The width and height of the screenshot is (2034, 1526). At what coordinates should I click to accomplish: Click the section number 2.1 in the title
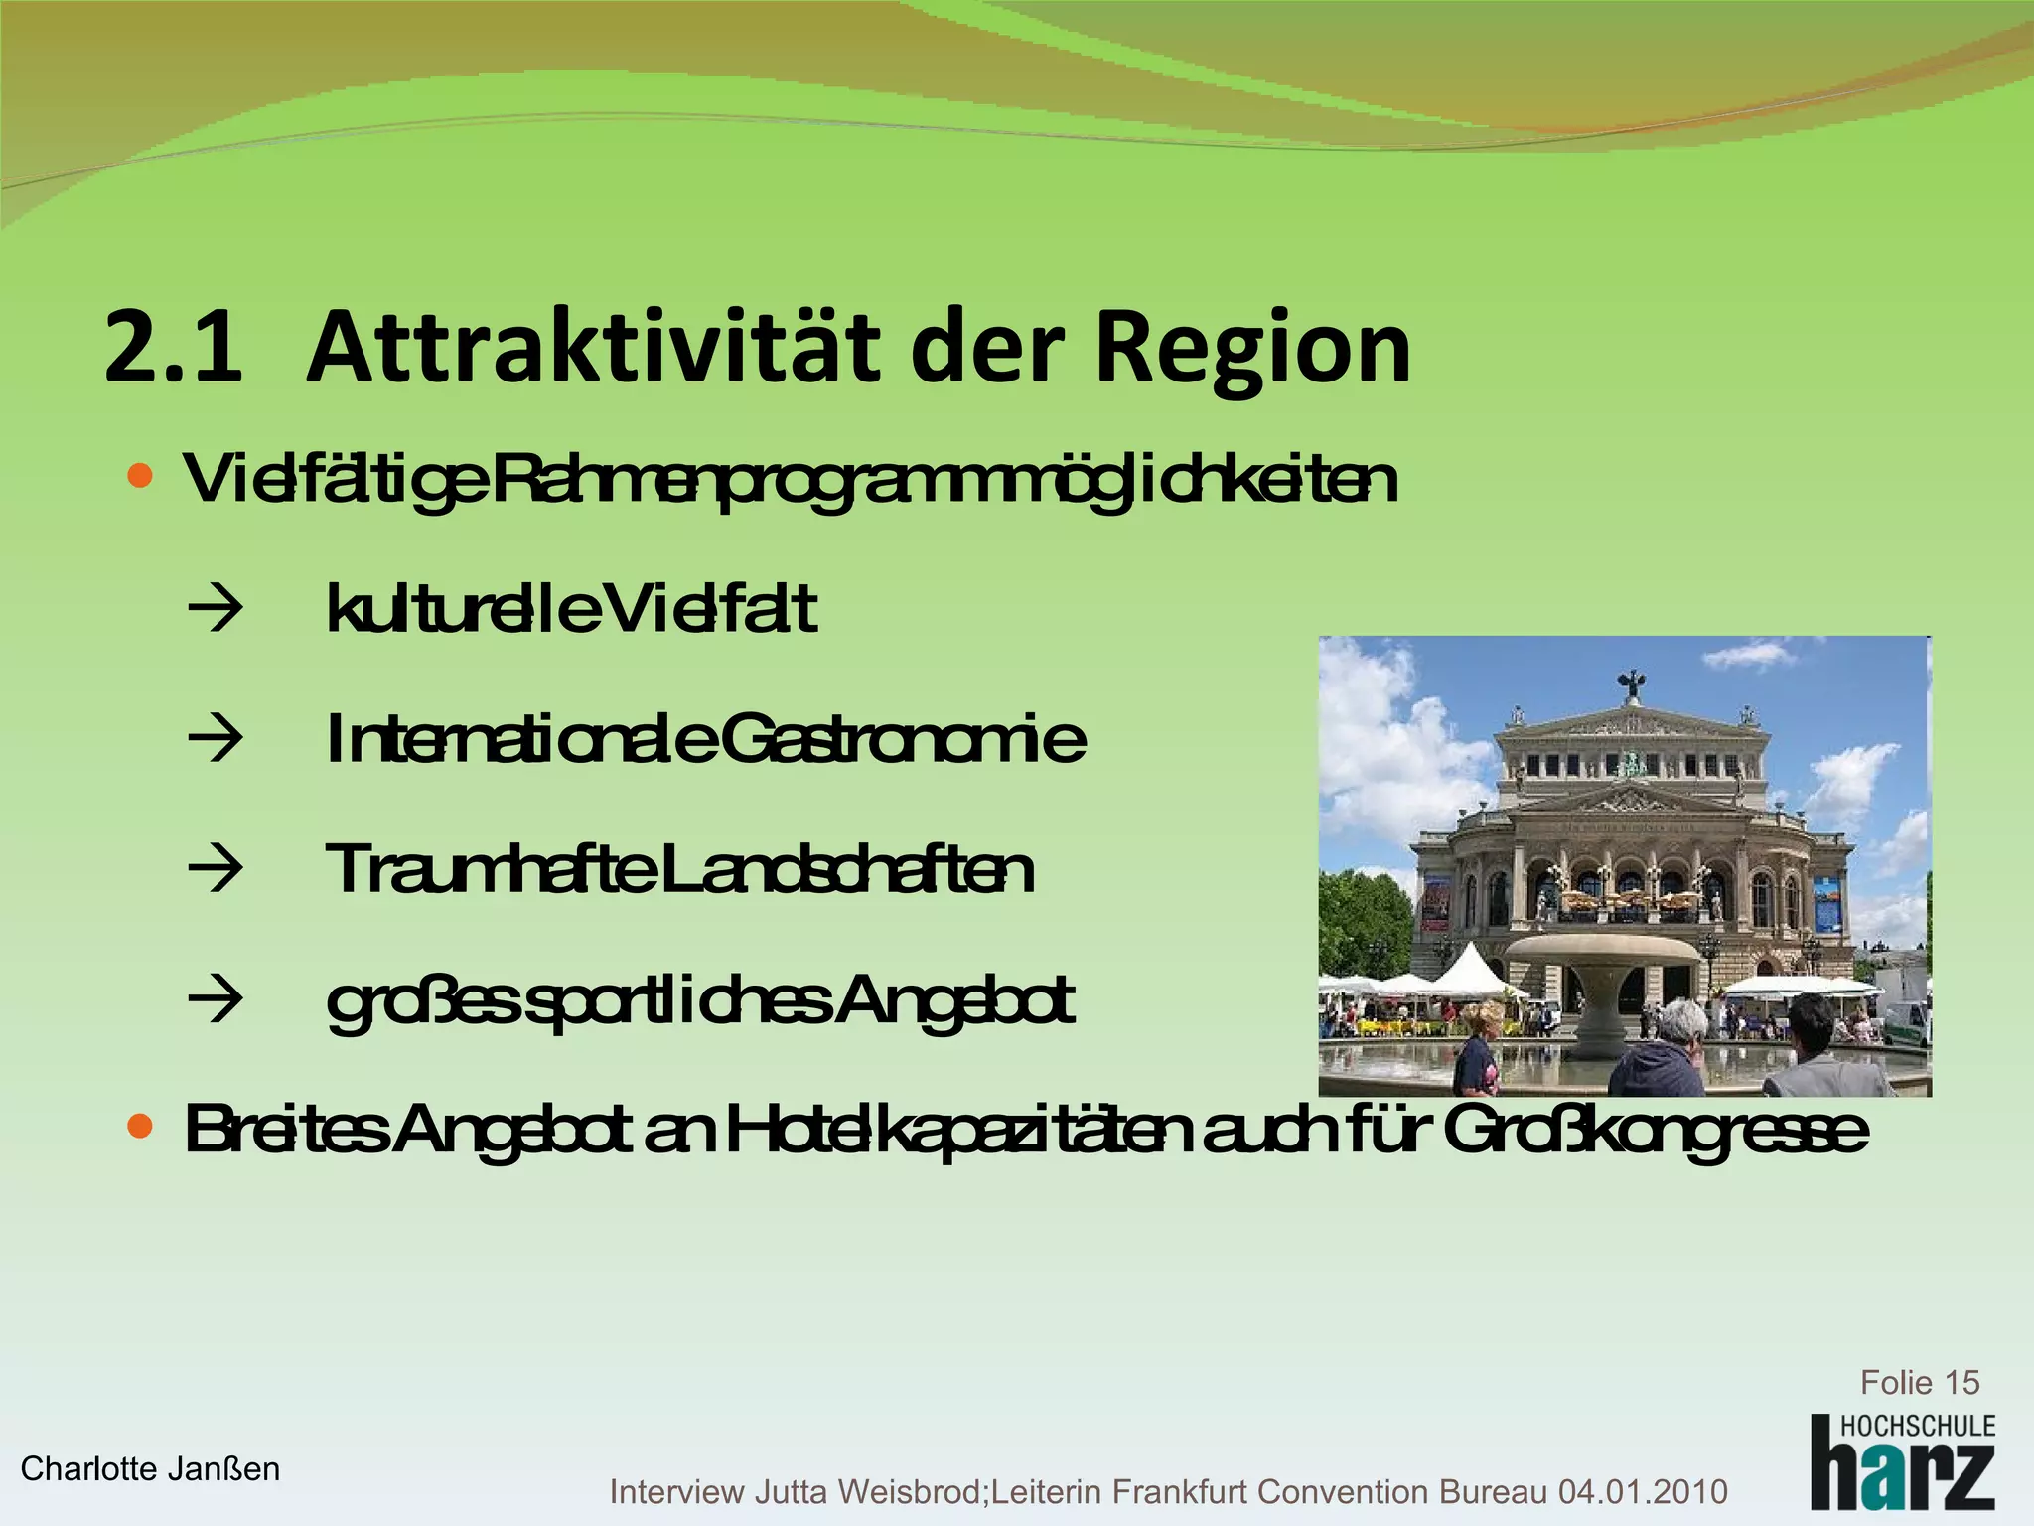[x=174, y=348]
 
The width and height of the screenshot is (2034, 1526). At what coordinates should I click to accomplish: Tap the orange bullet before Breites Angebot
[x=141, y=1127]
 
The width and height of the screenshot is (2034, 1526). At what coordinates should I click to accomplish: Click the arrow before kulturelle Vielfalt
[x=215, y=609]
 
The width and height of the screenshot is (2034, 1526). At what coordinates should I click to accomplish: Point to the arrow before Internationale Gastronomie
[x=215, y=739]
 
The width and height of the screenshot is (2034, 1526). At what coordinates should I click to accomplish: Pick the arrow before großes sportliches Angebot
[x=215, y=999]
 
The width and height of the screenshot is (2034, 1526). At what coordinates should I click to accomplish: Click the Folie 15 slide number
[x=1919, y=1382]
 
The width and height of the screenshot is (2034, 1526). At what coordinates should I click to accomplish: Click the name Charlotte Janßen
[x=150, y=1468]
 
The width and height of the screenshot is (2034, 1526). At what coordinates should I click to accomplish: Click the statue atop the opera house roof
[x=1629, y=683]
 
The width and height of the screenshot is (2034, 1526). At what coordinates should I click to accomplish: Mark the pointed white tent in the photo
[x=1469, y=967]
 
